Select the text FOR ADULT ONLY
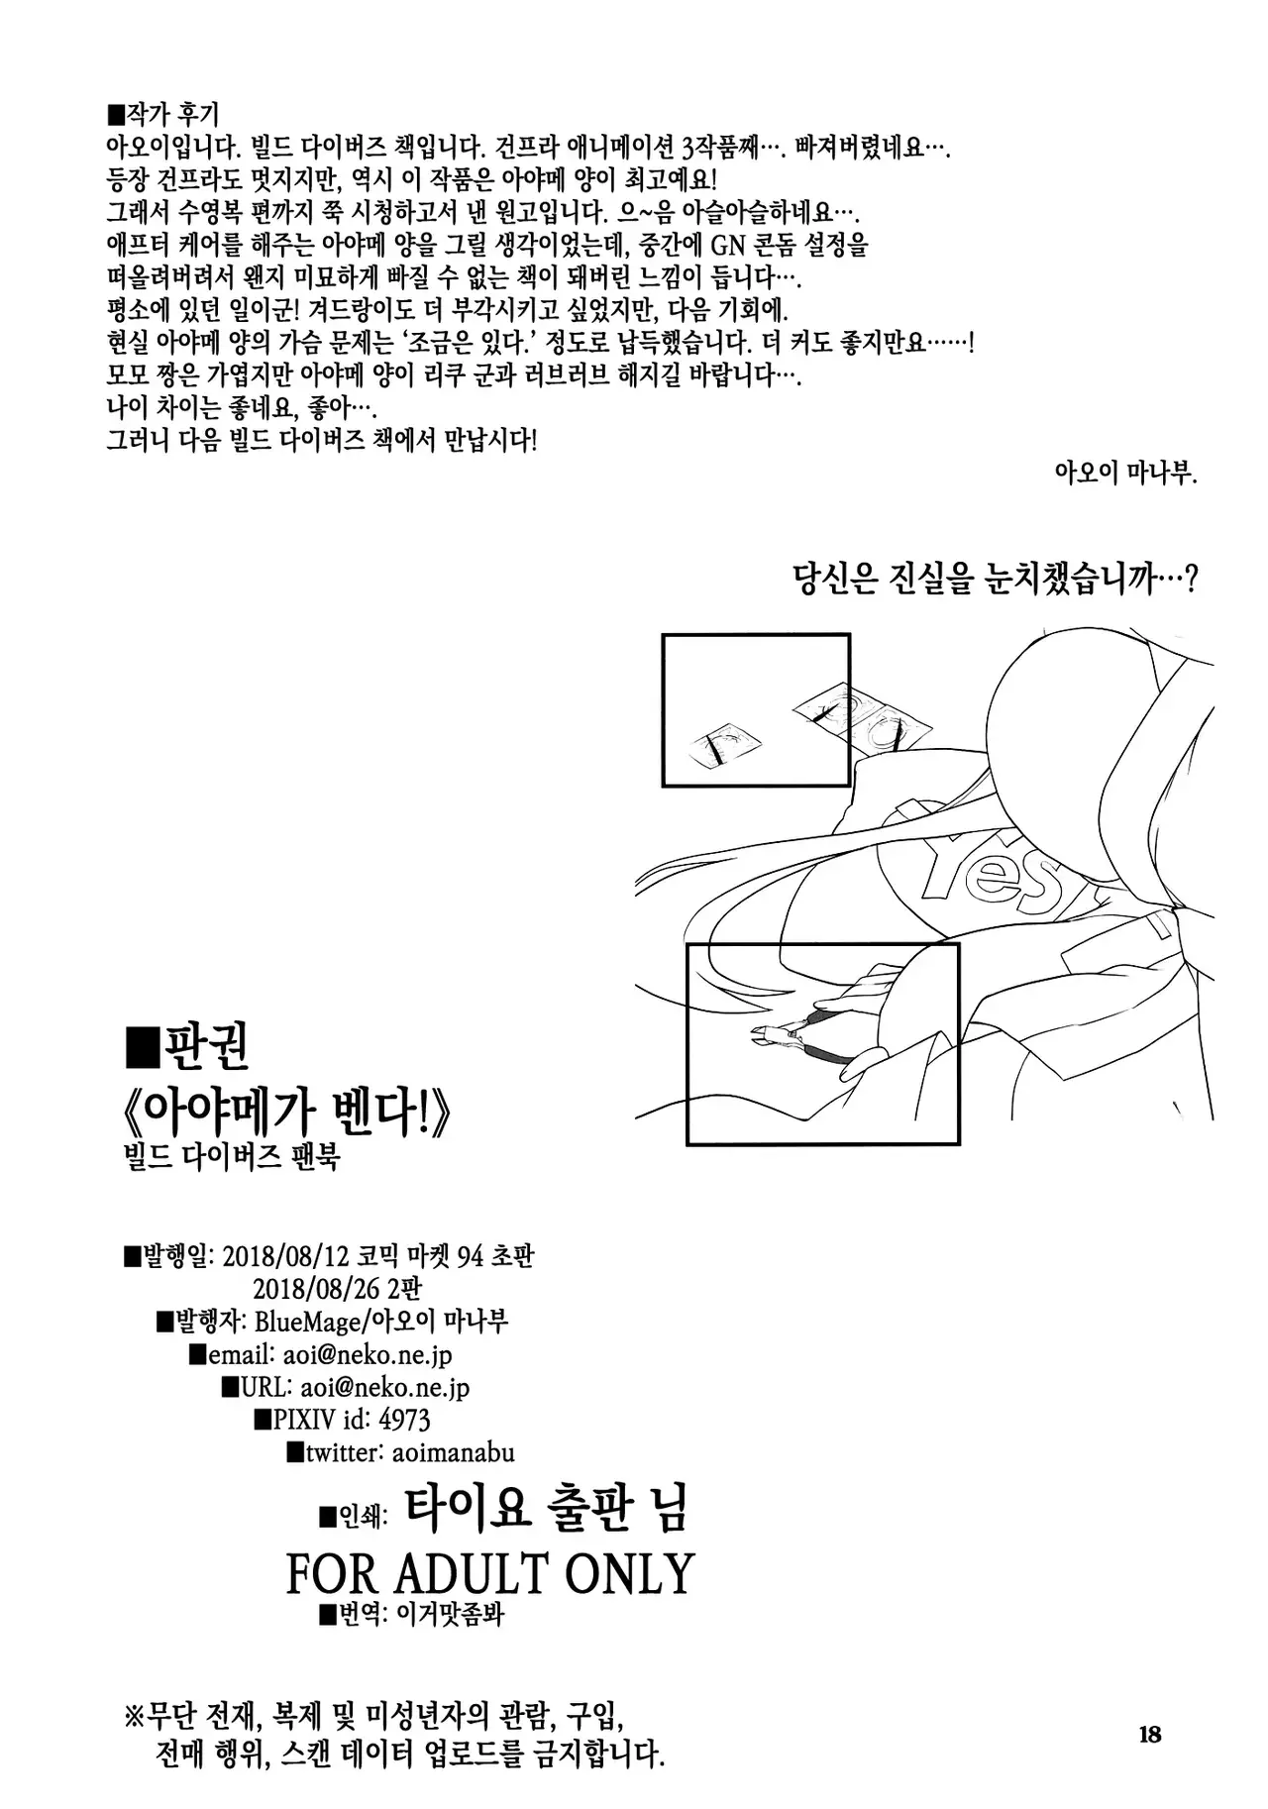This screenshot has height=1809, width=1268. coord(490,1572)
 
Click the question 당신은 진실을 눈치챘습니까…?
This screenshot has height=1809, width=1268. coord(996,580)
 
